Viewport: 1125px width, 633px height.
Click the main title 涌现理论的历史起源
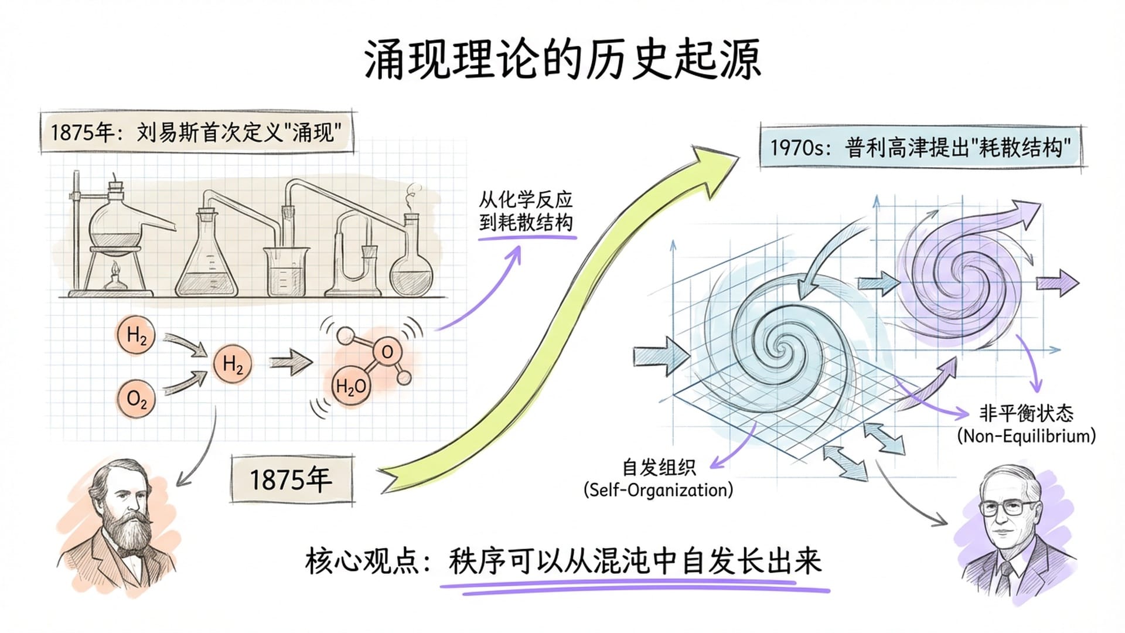[x=562, y=60]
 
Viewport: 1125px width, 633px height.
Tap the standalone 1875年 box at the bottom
[x=292, y=480]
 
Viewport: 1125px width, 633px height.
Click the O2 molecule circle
[x=137, y=399]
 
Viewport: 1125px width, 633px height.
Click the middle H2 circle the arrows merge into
[x=233, y=365]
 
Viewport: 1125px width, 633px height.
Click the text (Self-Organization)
[x=658, y=490]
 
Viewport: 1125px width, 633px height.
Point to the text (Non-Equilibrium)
[x=1026, y=436]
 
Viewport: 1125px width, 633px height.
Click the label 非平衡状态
[x=1026, y=413]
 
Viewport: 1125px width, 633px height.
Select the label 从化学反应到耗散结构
[x=526, y=211]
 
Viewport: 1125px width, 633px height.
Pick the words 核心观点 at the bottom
[x=363, y=561]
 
